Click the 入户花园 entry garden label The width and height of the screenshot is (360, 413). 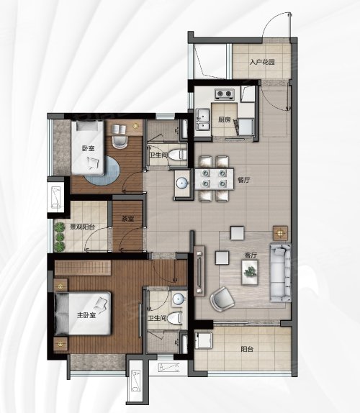click(x=263, y=62)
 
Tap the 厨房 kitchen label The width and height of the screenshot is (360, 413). click(x=224, y=119)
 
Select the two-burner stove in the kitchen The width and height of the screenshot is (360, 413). click(x=225, y=94)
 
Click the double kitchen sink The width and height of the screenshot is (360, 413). click(x=202, y=119)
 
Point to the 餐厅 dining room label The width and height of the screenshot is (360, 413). click(x=244, y=180)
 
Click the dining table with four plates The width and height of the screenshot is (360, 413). click(x=215, y=179)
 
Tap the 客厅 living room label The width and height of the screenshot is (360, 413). click(x=251, y=255)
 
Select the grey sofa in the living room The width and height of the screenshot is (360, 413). click(x=280, y=273)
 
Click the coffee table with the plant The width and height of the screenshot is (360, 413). click(x=250, y=273)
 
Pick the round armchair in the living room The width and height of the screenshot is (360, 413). click(x=222, y=299)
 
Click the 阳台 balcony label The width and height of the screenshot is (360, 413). click(x=247, y=349)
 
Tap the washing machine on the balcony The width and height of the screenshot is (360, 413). click(x=203, y=340)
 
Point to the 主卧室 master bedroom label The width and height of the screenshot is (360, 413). click(x=86, y=315)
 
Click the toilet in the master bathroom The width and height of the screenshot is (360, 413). click(x=174, y=318)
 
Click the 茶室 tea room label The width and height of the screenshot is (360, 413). click(x=127, y=219)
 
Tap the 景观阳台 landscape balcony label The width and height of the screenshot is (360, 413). click(x=82, y=227)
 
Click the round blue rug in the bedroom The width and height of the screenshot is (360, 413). click(x=102, y=171)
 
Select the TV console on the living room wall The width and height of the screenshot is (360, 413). click(x=199, y=271)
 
